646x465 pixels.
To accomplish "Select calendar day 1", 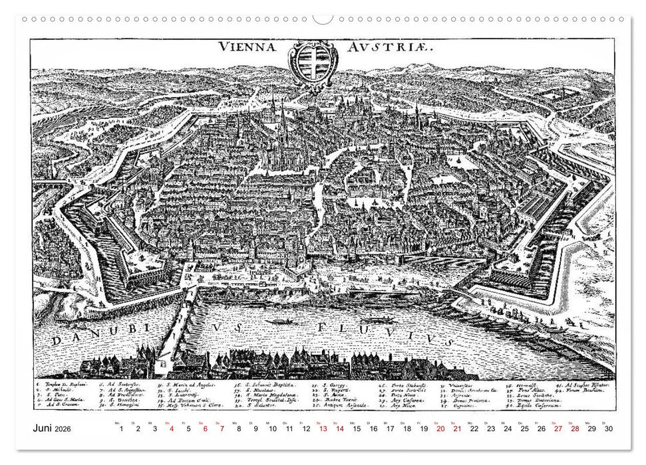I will pyautogui.click(x=120, y=429).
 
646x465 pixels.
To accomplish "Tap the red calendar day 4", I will pyautogui.click(x=172, y=429).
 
